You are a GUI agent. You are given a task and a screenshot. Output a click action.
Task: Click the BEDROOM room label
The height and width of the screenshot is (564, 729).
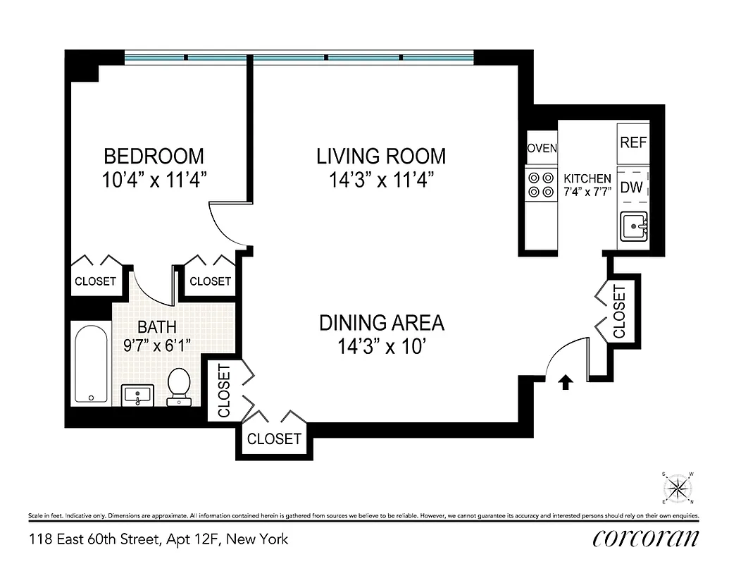(x=154, y=155)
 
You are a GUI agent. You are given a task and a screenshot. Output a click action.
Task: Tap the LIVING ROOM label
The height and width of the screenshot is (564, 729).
(x=380, y=156)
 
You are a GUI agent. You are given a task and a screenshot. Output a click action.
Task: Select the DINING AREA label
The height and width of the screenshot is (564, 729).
(x=381, y=323)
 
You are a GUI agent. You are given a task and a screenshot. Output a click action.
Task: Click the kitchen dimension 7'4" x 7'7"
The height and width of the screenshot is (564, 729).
(x=587, y=191)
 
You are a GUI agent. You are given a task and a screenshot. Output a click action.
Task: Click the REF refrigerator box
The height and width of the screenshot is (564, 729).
(x=633, y=142)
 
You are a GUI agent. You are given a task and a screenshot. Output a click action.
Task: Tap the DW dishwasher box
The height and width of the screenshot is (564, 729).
(x=633, y=188)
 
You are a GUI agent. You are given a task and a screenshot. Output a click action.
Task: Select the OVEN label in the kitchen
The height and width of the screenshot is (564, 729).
(x=542, y=148)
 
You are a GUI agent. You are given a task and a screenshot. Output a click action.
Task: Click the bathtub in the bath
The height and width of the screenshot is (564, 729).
(x=92, y=362)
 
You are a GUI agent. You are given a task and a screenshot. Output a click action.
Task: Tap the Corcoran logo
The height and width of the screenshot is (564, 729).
(x=646, y=539)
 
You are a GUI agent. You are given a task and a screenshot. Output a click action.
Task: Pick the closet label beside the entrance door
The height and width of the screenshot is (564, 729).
(x=619, y=311)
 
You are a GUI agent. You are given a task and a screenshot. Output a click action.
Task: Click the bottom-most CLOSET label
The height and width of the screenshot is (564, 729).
(x=274, y=439)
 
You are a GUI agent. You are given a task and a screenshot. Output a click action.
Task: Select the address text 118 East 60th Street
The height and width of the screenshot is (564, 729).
(x=96, y=539)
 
